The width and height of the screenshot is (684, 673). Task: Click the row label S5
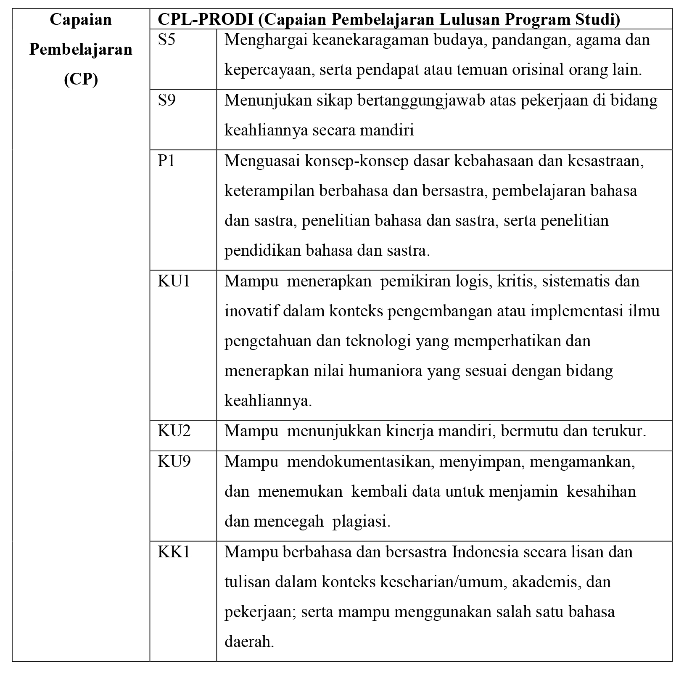[x=166, y=40]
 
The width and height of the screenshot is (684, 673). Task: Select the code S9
[x=166, y=101]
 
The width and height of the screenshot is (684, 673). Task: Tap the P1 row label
[x=166, y=161]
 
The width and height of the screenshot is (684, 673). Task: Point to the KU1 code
[x=174, y=281]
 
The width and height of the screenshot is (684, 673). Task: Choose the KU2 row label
[x=174, y=431]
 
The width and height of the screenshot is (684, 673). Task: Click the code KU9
[x=174, y=461]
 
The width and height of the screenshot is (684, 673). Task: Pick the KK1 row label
[x=174, y=552]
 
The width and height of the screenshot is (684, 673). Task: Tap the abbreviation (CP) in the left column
[x=81, y=79]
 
